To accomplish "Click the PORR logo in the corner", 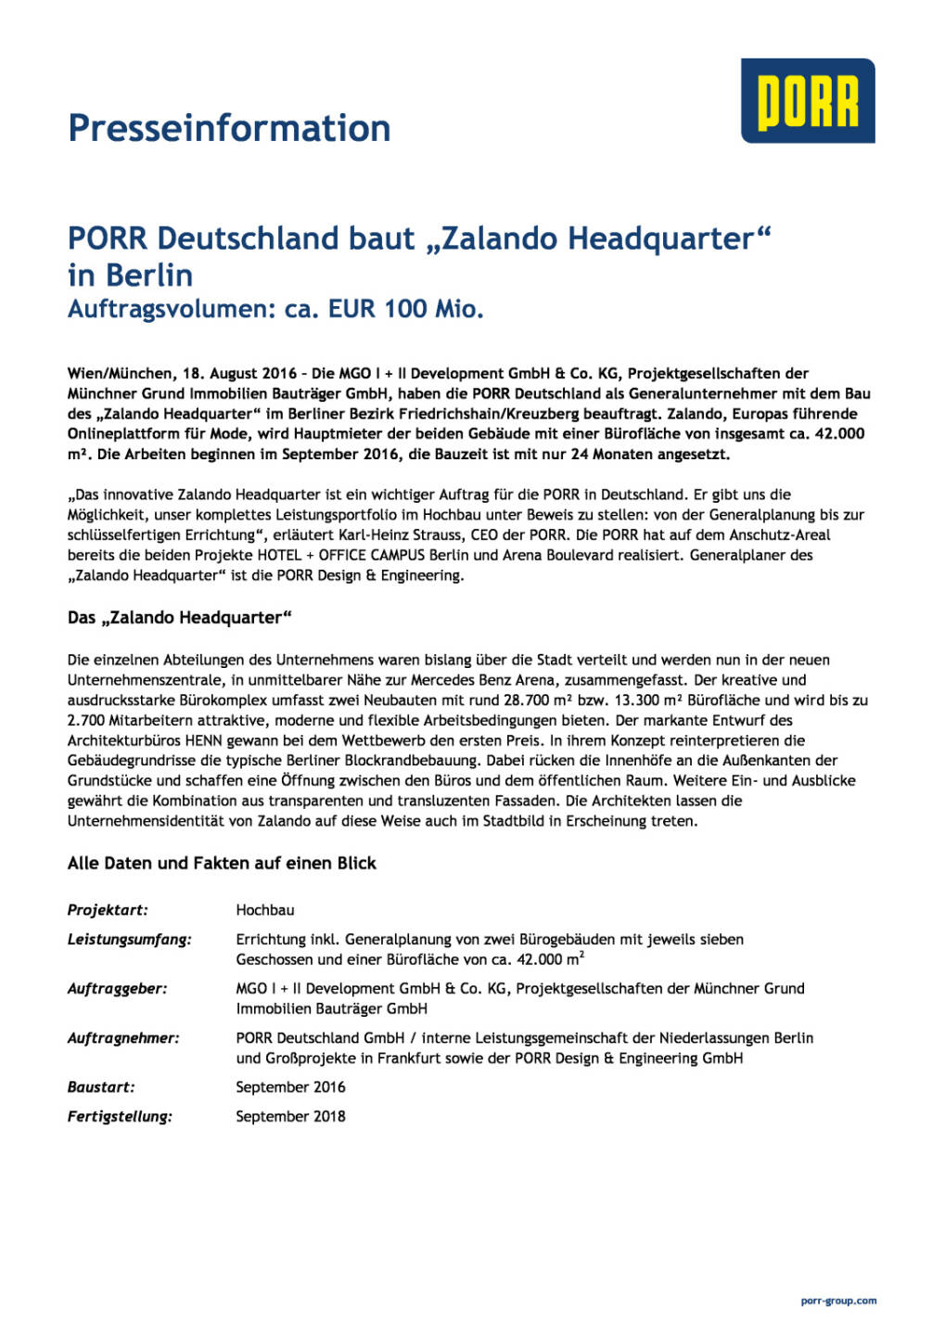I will (x=807, y=101).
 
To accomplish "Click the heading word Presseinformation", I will (x=229, y=128).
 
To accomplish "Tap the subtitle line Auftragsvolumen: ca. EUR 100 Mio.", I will (x=275, y=309).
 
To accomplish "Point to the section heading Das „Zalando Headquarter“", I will (x=180, y=618).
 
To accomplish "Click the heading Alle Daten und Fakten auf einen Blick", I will (x=222, y=864).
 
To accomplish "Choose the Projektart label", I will (x=108, y=910).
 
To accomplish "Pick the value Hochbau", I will (x=265, y=910).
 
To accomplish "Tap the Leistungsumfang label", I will (x=130, y=940).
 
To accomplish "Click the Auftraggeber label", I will (x=118, y=989).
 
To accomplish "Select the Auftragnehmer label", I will (x=123, y=1038).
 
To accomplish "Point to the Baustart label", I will (x=101, y=1087).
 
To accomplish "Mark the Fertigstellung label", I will (x=120, y=1117).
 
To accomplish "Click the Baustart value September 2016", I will (x=290, y=1087).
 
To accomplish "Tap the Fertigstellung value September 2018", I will (x=290, y=1117).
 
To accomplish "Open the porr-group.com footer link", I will (x=838, y=1301).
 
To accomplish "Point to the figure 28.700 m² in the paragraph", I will (x=526, y=700).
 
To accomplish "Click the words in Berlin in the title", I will (x=131, y=276).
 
